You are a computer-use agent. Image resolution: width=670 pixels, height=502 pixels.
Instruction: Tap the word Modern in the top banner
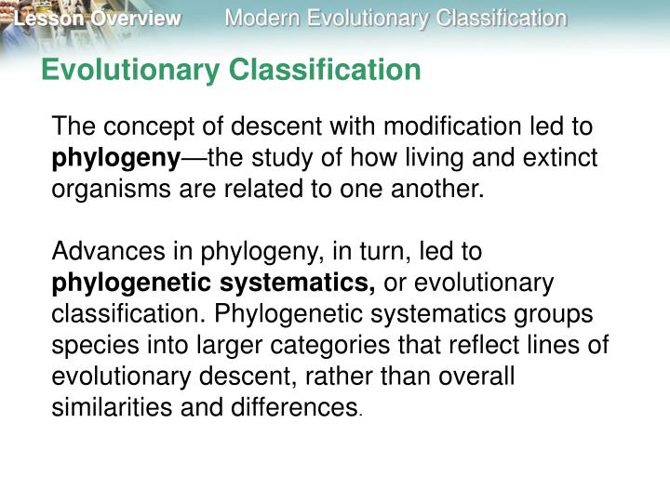[x=260, y=19]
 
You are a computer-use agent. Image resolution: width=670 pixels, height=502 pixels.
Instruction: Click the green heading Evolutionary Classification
[x=232, y=69]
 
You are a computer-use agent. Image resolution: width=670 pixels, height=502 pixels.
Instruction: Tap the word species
[x=89, y=346]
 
